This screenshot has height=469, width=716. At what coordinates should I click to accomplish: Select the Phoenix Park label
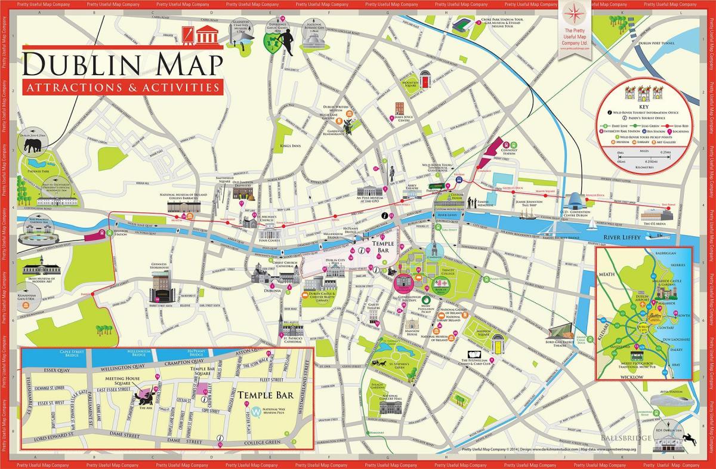click(x=38, y=188)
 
